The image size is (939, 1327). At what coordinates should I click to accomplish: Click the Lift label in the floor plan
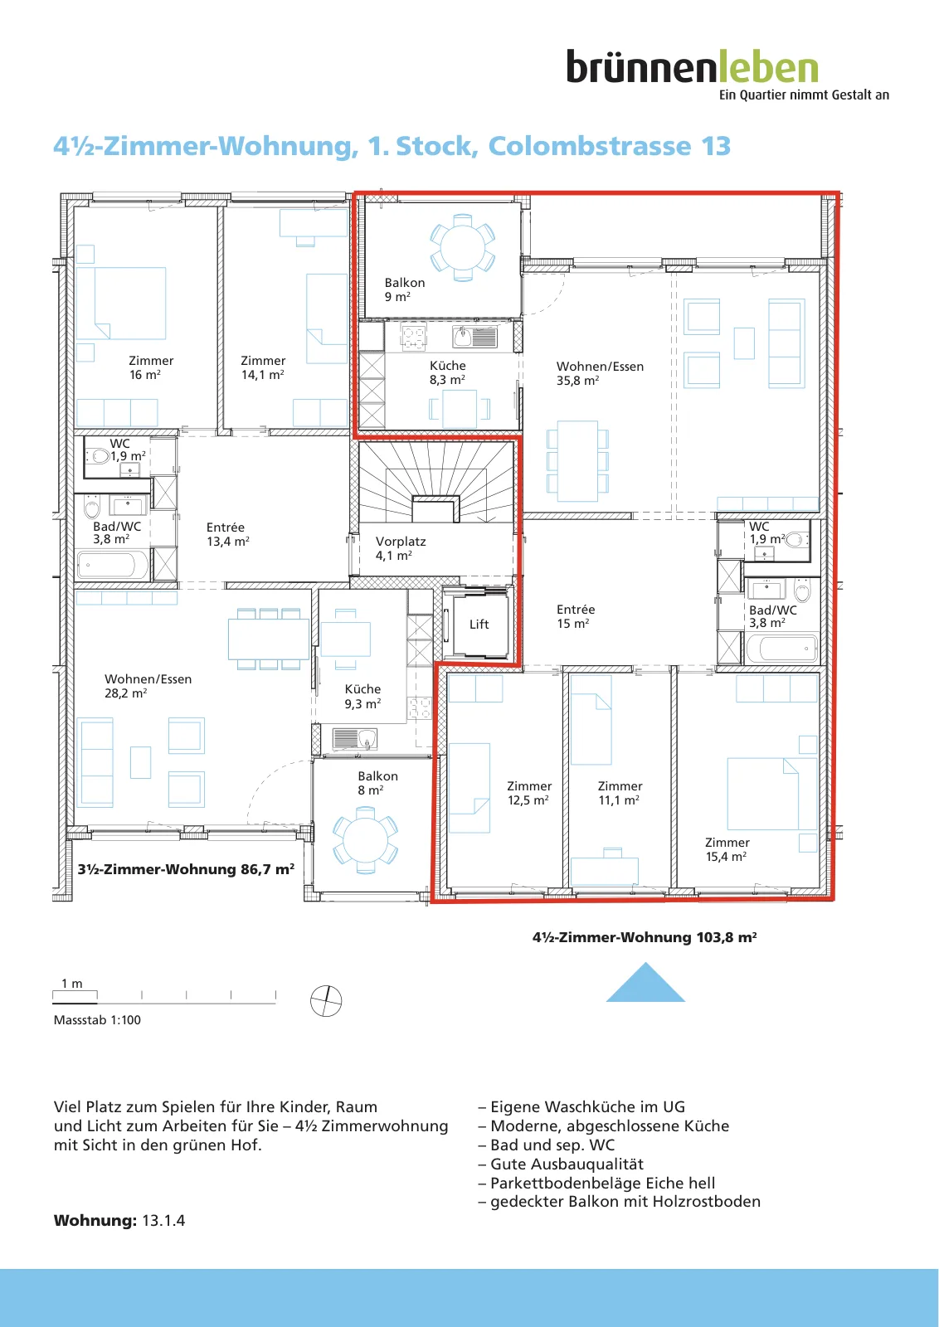(x=479, y=625)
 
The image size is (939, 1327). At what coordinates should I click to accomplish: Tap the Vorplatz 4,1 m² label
(x=401, y=548)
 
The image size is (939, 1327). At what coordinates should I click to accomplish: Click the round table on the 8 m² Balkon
(x=366, y=840)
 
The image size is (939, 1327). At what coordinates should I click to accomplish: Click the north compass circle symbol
(x=326, y=1000)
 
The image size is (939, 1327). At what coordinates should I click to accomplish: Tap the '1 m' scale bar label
(x=71, y=984)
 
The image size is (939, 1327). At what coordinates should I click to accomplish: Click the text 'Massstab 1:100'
(x=97, y=1019)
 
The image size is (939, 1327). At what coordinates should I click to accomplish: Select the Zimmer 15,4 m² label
(x=727, y=849)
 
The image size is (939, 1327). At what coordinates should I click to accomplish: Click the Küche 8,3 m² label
(x=447, y=372)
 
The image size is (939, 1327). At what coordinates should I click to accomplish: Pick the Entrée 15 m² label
(x=575, y=616)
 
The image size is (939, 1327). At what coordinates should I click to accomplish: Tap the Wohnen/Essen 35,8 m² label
(x=600, y=373)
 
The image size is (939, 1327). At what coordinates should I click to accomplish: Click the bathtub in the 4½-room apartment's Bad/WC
(x=782, y=649)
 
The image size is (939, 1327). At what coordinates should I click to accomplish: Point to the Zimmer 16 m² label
(x=150, y=367)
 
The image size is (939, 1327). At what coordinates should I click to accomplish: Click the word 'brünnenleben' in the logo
(x=692, y=66)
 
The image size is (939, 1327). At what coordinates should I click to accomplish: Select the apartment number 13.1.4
(x=163, y=1221)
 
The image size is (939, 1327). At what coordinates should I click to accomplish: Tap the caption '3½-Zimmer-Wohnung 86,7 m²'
(x=186, y=869)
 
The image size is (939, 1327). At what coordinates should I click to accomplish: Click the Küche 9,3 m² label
(x=362, y=696)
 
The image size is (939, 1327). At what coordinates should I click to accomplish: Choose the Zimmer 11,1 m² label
(x=620, y=793)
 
